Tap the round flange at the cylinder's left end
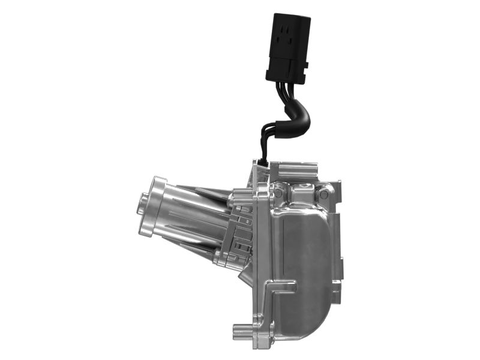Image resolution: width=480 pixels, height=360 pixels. pyautogui.click(x=157, y=204)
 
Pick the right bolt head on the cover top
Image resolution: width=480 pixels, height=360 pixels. pyautogui.click(x=325, y=192)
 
